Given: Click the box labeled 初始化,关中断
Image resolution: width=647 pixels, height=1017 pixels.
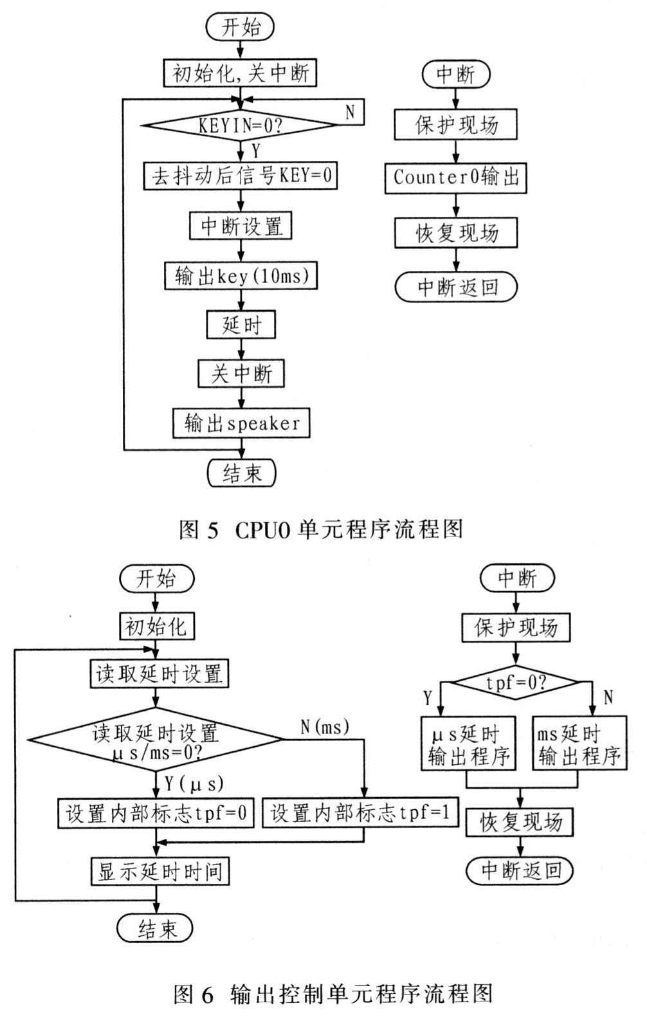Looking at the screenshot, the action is tap(240, 73).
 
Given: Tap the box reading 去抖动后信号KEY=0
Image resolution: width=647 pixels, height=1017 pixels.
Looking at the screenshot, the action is tap(241, 176).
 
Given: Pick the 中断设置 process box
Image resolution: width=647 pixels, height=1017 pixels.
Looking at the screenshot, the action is tap(241, 226).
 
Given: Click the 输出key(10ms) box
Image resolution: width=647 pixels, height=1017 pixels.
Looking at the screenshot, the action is tap(241, 275).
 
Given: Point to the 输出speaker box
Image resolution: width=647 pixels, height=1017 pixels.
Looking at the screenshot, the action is tap(241, 423).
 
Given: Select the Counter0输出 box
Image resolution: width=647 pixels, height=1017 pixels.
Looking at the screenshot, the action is tap(456, 178).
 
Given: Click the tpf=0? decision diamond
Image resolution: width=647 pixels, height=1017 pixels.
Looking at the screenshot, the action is tap(516, 683).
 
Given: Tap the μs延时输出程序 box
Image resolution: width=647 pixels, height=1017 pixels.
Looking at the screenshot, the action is tap(468, 743).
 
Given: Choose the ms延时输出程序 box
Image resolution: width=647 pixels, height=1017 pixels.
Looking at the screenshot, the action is tap(579, 743).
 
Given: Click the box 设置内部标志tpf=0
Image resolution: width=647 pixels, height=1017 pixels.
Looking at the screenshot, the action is tap(156, 812).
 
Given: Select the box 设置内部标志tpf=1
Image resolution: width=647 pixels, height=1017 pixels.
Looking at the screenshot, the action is tap(361, 812).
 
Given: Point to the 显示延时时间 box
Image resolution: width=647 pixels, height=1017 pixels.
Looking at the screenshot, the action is tap(159, 871).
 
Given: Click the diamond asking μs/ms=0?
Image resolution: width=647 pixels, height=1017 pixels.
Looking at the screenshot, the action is tap(156, 739).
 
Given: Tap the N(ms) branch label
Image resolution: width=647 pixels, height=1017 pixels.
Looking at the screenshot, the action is tap(325, 727).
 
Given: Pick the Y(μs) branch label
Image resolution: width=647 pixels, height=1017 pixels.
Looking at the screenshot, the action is tap(194, 783).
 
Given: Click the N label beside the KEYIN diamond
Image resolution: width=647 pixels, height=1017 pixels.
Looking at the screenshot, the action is tap(350, 112).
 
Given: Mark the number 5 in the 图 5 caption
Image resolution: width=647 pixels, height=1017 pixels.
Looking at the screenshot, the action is tap(213, 530).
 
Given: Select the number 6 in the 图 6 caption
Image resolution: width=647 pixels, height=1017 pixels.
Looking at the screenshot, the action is tap(207, 994).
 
